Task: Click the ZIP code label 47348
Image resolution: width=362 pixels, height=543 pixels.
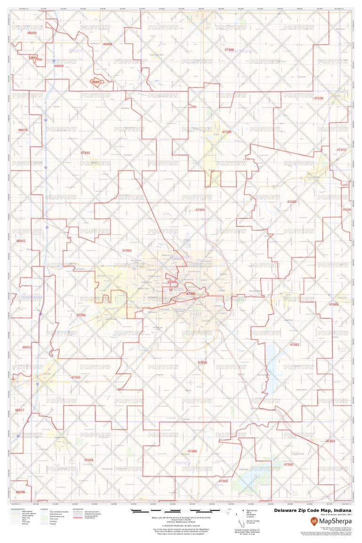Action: pyautogui.click(x=229, y=49)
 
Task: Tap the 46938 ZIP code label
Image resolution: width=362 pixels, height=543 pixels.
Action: pyautogui.click(x=32, y=33)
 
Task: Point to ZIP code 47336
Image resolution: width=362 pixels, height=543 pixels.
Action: pyautogui.click(x=319, y=98)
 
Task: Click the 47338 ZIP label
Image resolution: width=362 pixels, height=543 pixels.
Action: pyautogui.click(x=226, y=132)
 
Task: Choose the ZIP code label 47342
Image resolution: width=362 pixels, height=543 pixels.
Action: pyautogui.click(x=85, y=153)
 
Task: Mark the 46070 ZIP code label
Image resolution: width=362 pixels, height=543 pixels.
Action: pyautogui.click(x=23, y=130)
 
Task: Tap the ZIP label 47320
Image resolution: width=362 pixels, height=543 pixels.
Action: pyautogui.click(x=292, y=202)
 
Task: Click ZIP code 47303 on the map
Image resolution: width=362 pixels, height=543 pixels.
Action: pyautogui.click(x=200, y=210)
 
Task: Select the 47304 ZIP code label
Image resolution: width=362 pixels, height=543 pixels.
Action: pyautogui.click(x=127, y=251)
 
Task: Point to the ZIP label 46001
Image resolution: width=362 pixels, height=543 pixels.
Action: pyautogui.click(x=21, y=241)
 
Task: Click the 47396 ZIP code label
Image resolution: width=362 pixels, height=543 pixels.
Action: pyautogui.click(x=81, y=315)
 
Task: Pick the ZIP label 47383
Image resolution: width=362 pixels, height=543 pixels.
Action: pyautogui.click(x=294, y=345)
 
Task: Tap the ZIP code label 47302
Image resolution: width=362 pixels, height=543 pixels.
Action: pyautogui.click(x=202, y=362)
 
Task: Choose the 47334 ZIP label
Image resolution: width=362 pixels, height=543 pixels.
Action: pyautogui.click(x=76, y=377)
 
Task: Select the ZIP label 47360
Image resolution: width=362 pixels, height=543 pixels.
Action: pyautogui.click(x=288, y=464)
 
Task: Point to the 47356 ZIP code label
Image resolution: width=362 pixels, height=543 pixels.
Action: pyautogui.click(x=88, y=460)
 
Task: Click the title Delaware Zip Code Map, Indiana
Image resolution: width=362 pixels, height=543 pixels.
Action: pyautogui.click(x=313, y=510)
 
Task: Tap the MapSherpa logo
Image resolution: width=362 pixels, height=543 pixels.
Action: pyautogui.click(x=331, y=521)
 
